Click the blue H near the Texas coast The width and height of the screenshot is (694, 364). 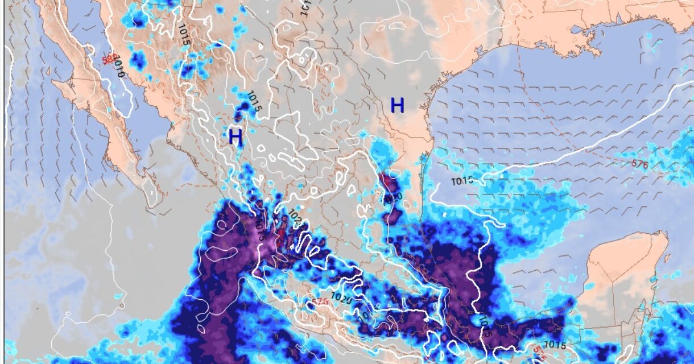click(397, 105)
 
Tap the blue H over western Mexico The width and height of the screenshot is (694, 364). click(236, 136)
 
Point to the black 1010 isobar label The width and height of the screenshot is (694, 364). click(118, 66)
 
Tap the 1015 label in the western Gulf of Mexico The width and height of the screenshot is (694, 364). click(462, 181)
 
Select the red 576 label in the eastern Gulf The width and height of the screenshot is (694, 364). click(640, 164)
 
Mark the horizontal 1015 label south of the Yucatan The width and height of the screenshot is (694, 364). click(555, 344)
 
